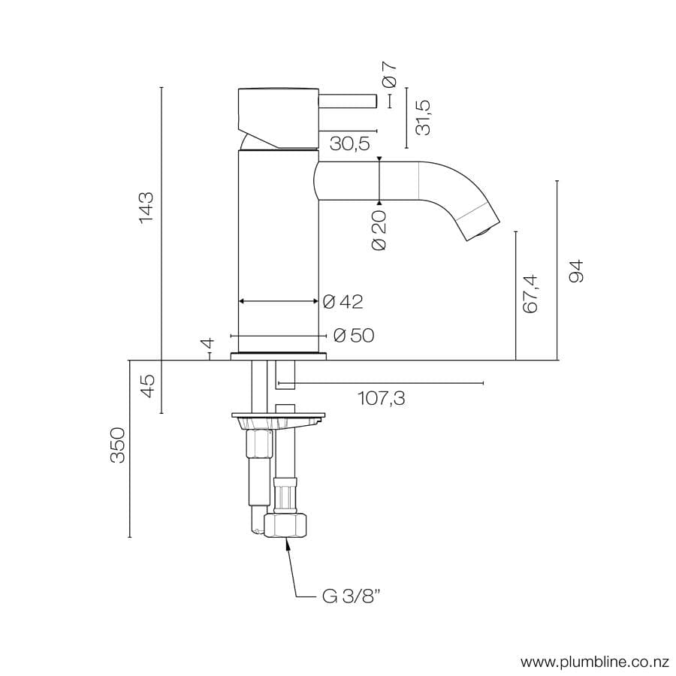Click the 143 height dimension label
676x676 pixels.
[146, 207]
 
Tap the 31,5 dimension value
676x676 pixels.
[424, 117]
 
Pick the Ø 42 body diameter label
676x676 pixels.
[343, 302]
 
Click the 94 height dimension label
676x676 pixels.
[576, 270]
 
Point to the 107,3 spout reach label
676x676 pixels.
[381, 398]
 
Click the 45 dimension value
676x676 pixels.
[147, 386]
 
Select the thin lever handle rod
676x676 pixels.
[348, 101]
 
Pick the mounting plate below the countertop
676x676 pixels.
[279, 415]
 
